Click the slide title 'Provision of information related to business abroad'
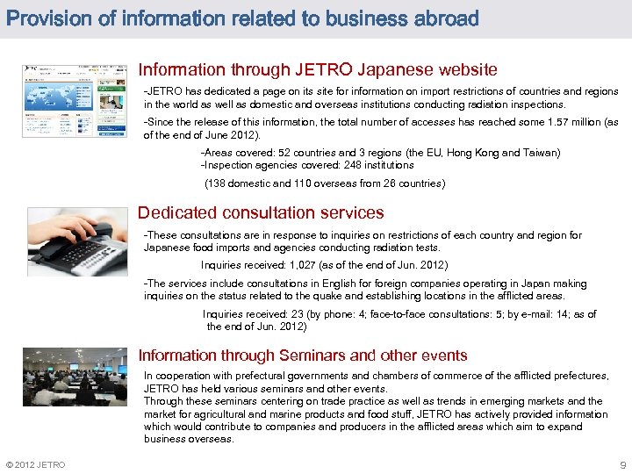(241, 18)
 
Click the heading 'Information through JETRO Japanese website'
(318, 69)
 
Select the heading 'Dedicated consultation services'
(261, 212)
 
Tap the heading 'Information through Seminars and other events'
(303, 355)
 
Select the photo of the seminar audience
(75, 377)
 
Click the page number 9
(622, 464)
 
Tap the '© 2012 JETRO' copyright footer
(35, 464)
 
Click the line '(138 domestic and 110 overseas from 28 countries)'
(325, 183)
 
